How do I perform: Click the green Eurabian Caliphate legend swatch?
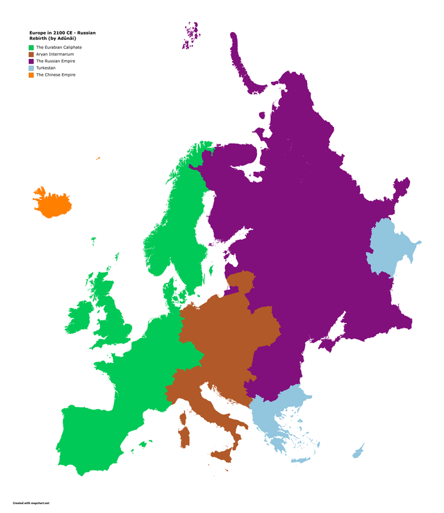[x=31, y=47]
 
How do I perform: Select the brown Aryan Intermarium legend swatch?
[x=31, y=55]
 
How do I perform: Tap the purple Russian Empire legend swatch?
[x=31, y=61]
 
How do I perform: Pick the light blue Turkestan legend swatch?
[x=31, y=68]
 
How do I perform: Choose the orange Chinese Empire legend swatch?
[x=31, y=75]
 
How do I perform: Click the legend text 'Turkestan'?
[x=46, y=68]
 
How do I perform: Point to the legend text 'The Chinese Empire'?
[x=56, y=75]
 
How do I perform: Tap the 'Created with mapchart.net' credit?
[x=30, y=503]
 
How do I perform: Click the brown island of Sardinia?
[x=185, y=437]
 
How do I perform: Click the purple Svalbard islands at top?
[x=190, y=36]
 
